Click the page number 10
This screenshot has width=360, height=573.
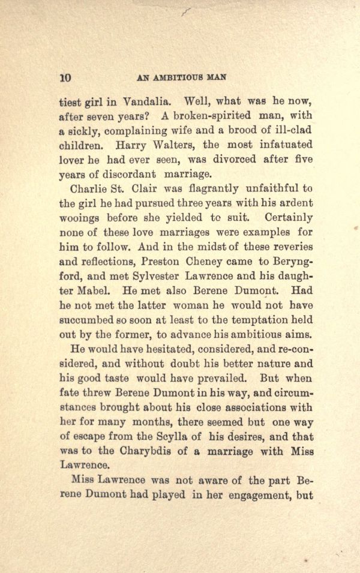tap(66, 77)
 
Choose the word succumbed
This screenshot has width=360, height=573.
tap(89, 319)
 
